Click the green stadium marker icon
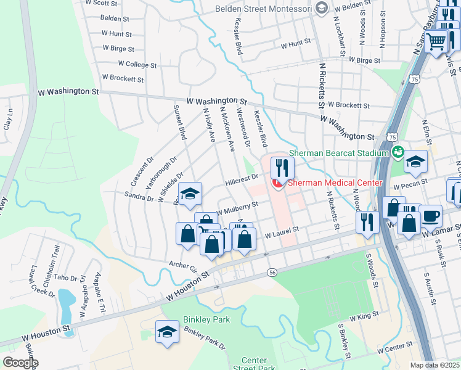pyautogui.click(x=398, y=151)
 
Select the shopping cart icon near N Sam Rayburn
pyautogui.click(x=437, y=41)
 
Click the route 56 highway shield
pyautogui.click(x=271, y=272)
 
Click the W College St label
pyautogui.click(x=137, y=64)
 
